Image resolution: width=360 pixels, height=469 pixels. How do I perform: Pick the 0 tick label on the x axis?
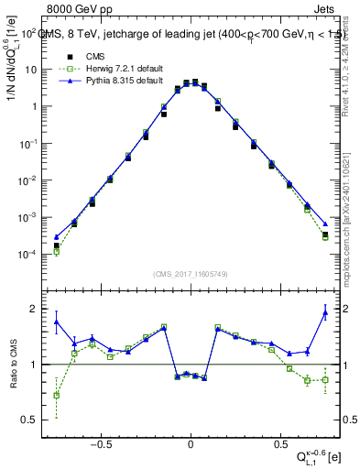(x=190, y=440)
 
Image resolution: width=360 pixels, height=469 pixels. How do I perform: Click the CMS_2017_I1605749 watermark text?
(x=190, y=274)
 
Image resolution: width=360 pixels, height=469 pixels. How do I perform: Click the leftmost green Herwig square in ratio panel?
(x=56, y=395)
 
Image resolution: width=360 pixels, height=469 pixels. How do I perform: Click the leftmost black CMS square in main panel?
(x=56, y=245)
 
